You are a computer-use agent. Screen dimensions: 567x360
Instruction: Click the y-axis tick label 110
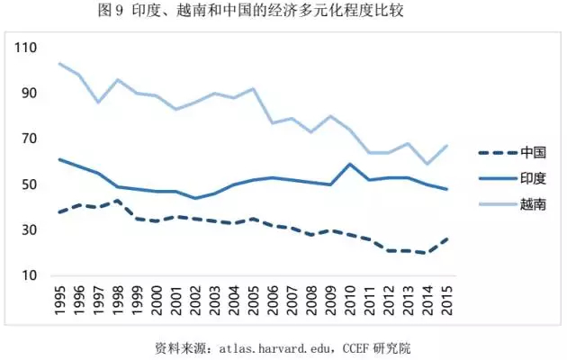[25, 48]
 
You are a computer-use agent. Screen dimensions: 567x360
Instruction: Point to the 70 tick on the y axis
[30, 139]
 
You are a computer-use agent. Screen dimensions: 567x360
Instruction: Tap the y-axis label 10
[30, 275]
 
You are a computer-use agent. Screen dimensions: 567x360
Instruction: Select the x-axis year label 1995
[60, 301]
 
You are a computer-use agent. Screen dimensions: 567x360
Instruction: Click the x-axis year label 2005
[254, 301]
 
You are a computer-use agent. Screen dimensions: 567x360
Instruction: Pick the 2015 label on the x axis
[447, 301]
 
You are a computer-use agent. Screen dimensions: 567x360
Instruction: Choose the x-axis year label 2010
[350, 301]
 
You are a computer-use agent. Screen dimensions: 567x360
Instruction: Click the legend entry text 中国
[533, 152]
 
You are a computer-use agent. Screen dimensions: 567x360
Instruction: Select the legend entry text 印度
[533, 178]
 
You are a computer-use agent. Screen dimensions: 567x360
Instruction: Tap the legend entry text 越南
[533, 204]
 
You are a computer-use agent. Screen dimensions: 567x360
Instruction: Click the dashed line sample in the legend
[498, 153]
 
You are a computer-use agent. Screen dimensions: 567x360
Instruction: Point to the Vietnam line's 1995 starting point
[59, 64]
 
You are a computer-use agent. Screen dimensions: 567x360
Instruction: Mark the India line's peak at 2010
[350, 164]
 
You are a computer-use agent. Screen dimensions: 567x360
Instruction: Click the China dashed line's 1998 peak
[118, 200]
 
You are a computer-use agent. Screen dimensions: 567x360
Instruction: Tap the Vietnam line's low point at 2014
[427, 164]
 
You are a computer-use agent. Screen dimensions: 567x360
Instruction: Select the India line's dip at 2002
[195, 198]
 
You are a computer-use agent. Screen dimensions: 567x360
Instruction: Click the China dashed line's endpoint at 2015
[447, 238]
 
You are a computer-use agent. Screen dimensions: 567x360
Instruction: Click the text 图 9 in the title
[111, 11]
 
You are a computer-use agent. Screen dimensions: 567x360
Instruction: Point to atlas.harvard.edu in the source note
[274, 348]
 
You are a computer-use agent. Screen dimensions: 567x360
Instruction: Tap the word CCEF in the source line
[355, 348]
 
